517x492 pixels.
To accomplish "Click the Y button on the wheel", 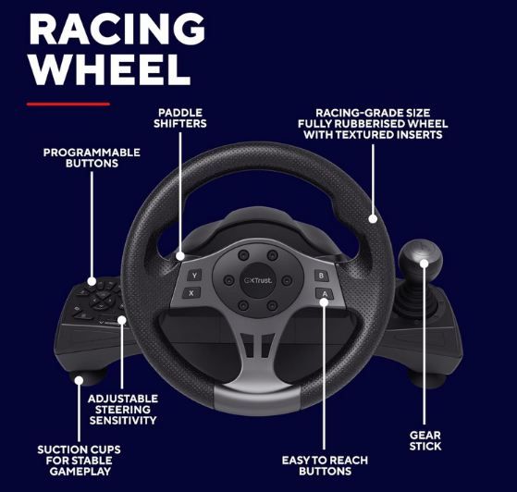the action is coord(194,276).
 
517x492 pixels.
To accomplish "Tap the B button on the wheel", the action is coord(321,276).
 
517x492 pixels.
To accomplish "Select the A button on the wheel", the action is coord(325,293).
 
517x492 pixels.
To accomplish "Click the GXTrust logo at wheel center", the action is coord(258,280).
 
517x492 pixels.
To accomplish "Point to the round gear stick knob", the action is coord(421,260).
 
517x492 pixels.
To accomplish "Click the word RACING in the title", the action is coord(117,29).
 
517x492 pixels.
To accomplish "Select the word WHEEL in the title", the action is coord(110,70).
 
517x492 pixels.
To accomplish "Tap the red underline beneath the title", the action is coord(68,105).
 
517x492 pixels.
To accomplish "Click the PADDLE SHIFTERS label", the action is coord(180,118).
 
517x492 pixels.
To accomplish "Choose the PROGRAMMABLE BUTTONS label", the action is coord(92,157).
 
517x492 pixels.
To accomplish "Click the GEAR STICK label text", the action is coord(425,440).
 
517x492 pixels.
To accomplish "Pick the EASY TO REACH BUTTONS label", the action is coord(325,465).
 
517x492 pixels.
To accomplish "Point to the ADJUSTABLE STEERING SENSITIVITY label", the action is coord(123,410).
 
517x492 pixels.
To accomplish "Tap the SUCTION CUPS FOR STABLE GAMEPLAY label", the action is coord(80,461).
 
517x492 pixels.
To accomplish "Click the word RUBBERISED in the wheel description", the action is coord(372,124).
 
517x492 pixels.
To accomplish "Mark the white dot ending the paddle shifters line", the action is coord(180,256).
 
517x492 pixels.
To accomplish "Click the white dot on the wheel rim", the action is coord(373,218).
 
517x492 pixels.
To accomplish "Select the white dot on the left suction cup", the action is coord(79,380).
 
